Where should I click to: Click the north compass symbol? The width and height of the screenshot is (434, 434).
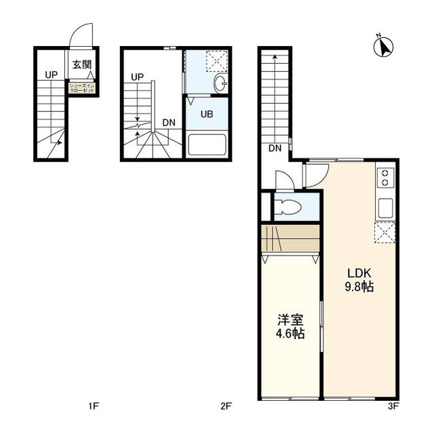click(x=384, y=45)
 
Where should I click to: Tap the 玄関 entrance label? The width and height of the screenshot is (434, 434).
click(x=82, y=66)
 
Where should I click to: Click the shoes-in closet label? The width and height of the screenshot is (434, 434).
click(x=82, y=87)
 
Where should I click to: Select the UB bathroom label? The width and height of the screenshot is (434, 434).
click(x=207, y=114)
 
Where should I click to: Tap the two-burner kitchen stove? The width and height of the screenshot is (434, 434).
click(x=384, y=178)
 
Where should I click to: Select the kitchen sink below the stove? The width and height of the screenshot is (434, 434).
click(x=384, y=207)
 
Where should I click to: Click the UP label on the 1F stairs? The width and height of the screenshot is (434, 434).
click(x=52, y=75)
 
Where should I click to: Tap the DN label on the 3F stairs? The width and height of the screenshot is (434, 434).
click(x=275, y=149)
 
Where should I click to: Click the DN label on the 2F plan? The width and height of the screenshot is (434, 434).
click(x=169, y=123)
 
